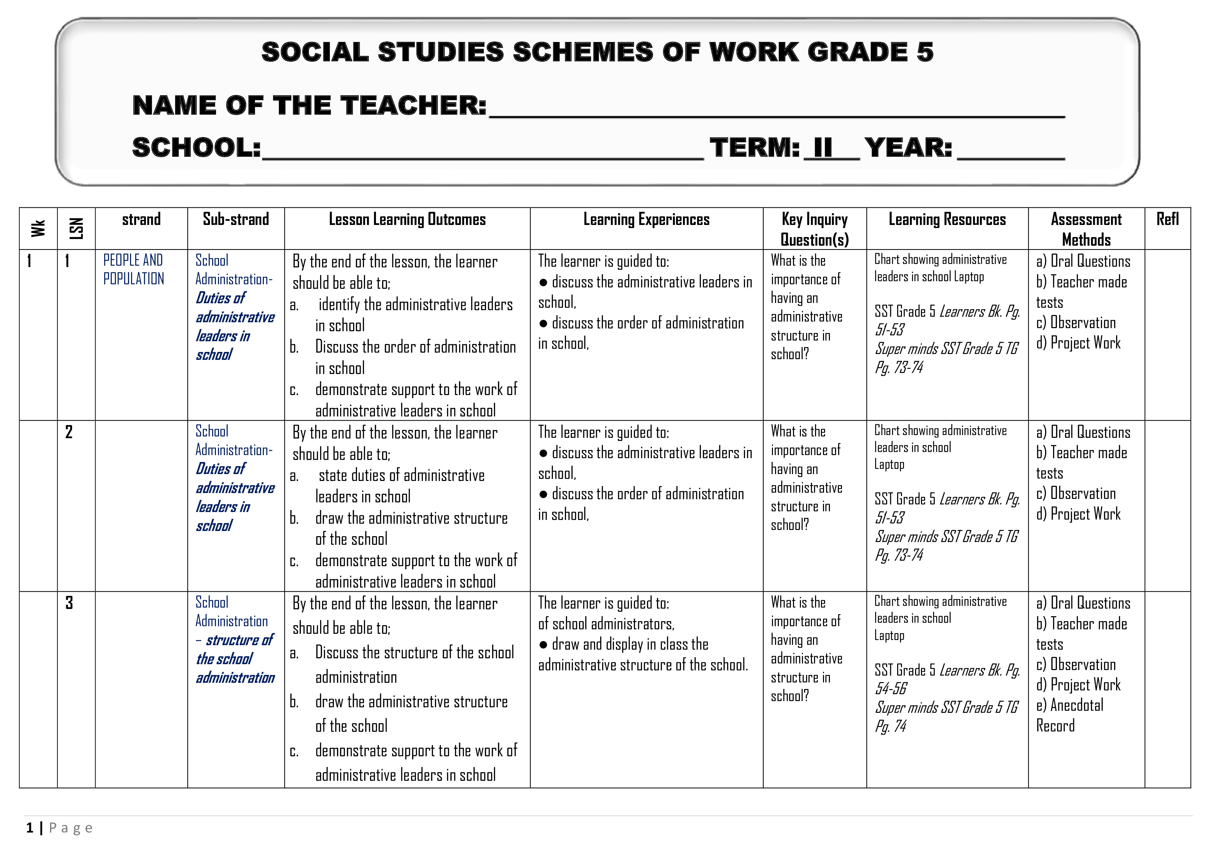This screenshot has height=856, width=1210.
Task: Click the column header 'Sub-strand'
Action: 236,219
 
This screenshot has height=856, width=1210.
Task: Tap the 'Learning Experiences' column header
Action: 646,219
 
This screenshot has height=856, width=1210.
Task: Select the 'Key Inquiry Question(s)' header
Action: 814,229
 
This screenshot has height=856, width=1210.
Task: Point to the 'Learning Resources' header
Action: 947,219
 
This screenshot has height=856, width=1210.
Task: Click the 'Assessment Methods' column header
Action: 1086,229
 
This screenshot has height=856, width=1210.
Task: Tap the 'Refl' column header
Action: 1167,219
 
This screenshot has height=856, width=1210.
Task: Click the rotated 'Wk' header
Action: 38,228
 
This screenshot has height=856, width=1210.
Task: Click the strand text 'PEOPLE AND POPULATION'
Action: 134,269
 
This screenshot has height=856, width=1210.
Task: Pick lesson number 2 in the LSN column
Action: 69,432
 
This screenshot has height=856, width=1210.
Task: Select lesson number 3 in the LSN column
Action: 69,603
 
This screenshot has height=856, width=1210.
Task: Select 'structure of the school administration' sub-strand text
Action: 235,659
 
